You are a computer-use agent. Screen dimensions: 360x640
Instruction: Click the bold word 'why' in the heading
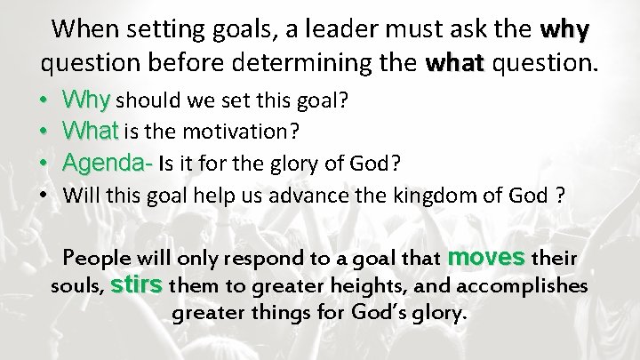pyautogui.click(x=564, y=30)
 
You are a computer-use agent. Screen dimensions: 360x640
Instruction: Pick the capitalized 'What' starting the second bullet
pyautogui.click(x=91, y=132)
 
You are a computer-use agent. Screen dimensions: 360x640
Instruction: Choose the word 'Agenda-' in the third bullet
pyautogui.click(x=108, y=164)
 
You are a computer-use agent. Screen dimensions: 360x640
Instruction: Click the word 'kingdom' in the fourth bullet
pyautogui.click(x=436, y=196)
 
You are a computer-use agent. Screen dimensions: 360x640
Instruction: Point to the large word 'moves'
pyautogui.click(x=487, y=258)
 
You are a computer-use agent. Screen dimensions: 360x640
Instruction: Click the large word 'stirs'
pyautogui.click(x=138, y=285)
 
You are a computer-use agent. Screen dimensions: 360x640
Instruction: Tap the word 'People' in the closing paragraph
pyautogui.click(x=97, y=259)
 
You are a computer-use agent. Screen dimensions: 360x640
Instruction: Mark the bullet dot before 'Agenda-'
pyautogui.click(x=45, y=164)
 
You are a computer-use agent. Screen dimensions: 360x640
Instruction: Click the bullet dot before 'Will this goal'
pyautogui.click(x=45, y=196)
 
